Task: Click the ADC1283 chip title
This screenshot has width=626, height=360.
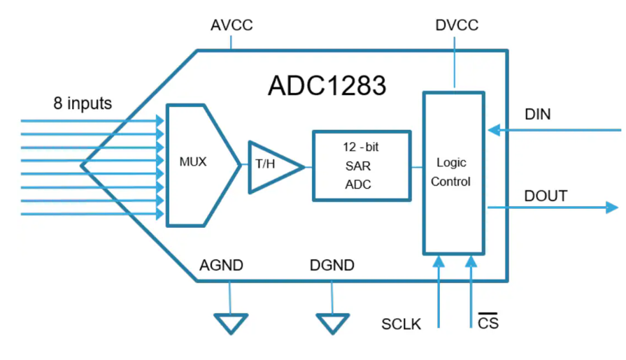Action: point(327,86)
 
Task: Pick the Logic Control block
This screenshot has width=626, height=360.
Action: point(453,172)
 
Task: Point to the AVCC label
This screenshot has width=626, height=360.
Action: point(232,26)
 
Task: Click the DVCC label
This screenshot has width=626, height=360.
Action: point(456,26)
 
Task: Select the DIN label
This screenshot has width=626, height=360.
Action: point(537,114)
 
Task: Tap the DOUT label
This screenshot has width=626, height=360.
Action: point(546,195)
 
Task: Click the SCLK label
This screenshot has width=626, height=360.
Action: point(401,324)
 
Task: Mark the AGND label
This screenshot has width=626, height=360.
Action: point(221,266)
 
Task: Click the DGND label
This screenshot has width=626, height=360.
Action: point(332,266)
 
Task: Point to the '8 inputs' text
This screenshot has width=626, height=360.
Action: point(83,103)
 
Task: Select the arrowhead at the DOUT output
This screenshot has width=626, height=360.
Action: point(612,207)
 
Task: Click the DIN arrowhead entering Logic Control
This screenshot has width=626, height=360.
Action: point(492,130)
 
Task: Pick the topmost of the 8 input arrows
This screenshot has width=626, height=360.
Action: point(91,120)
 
